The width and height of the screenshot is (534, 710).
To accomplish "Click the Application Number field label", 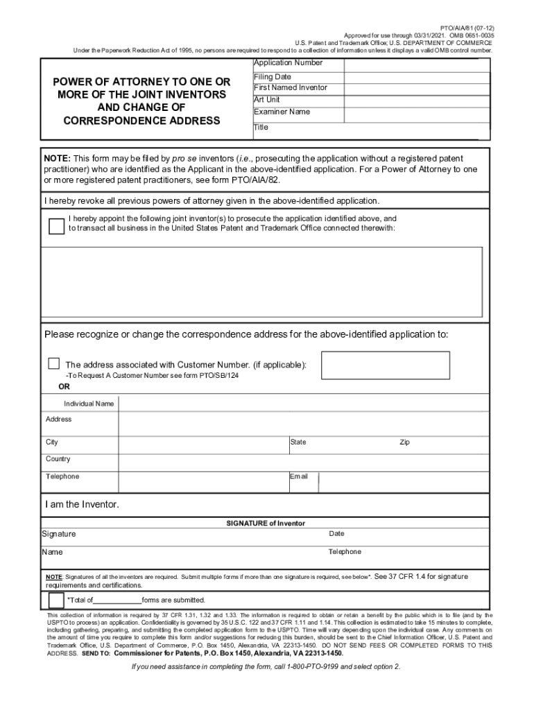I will point(288,63).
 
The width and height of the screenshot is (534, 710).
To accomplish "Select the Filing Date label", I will point(273,76).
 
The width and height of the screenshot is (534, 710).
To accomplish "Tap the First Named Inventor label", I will point(290,88).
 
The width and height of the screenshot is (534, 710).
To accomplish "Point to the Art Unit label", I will point(267,100).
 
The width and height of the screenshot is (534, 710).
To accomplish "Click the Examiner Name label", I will point(282,112).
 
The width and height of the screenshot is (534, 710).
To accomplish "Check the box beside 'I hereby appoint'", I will point(56,226).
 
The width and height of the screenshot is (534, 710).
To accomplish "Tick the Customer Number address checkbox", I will point(53,364).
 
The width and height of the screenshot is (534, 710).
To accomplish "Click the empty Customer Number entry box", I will point(385,365).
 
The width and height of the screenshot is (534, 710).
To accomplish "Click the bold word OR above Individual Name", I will point(63,387).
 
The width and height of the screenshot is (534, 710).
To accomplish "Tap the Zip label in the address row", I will point(404,442).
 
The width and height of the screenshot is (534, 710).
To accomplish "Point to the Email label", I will point(298,476).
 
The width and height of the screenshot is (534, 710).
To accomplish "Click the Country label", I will point(58,459).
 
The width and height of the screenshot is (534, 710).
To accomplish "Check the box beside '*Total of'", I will point(55,600).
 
